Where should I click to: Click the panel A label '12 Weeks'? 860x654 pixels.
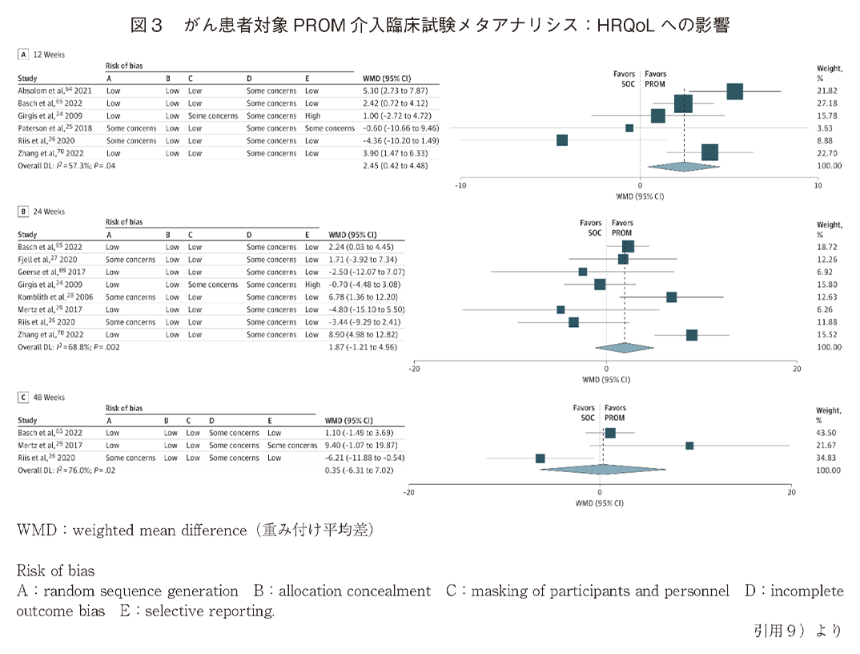(x=48, y=54)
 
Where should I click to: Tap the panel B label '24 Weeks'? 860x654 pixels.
(x=48, y=212)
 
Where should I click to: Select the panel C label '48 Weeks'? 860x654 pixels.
(x=48, y=398)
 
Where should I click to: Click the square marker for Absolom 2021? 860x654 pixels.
(x=734, y=91)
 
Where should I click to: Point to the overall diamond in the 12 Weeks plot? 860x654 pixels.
(x=684, y=166)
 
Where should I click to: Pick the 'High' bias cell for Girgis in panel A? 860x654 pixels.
(x=311, y=116)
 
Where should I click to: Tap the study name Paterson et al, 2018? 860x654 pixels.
(x=54, y=128)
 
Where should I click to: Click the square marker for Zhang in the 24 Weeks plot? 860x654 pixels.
(x=691, y=335)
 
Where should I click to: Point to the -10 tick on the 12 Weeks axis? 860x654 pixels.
(x=460, y=185)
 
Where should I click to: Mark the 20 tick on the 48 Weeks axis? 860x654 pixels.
(x=791, y=493)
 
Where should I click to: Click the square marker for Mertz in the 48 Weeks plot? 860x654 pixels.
(x=689, y=446)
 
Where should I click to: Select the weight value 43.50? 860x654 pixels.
(x=828, y=433)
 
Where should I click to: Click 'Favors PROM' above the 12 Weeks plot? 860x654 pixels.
(x=655, y=79)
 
